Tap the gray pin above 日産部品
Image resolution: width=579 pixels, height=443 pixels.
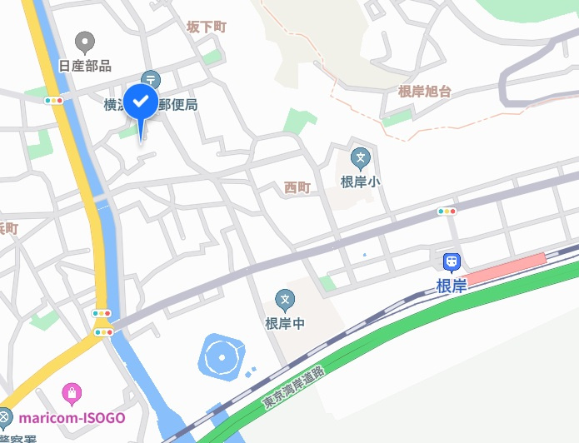tap(84, 42)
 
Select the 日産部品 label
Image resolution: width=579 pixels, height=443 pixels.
tap(84, 66)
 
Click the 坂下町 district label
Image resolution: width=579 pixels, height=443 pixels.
tap(206, 27)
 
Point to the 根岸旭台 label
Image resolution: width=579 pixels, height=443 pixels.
tap(424, 92)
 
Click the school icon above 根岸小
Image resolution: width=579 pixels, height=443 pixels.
tap(360, 156)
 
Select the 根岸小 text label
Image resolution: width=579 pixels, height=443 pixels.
tap(360, 181)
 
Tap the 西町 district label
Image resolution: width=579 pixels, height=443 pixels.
tap(297, 187)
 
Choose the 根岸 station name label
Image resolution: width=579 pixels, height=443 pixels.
tap(452, 286)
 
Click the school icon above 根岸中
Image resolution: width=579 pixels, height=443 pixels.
tap(285, 299)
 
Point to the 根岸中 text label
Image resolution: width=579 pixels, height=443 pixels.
tap(285, 323)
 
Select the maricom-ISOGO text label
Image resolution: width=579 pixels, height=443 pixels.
tap(72, 416)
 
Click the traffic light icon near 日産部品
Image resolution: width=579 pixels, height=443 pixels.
tap(54, 101)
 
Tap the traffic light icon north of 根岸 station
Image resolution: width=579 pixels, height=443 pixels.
tap(447, 212)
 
